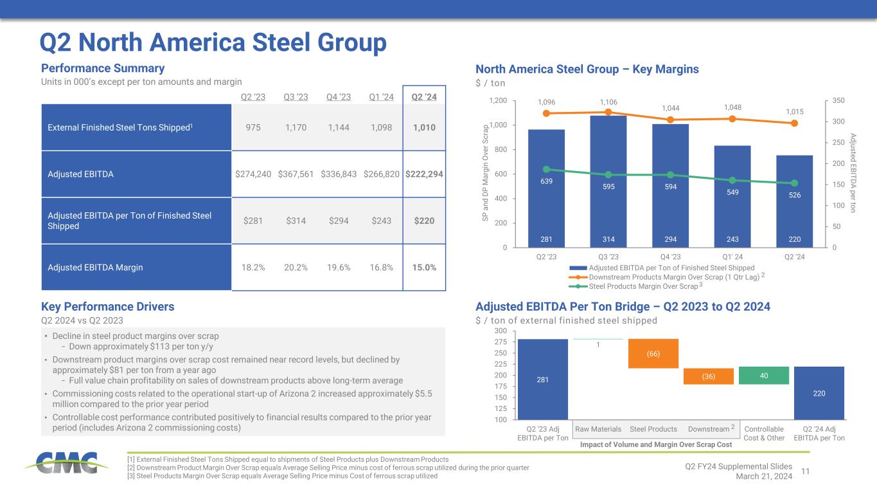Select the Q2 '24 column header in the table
[423, 97]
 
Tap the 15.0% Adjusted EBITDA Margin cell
[423, 267]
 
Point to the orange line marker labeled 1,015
[794, 123]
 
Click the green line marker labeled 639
[547, 169]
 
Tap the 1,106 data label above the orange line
[608, 102]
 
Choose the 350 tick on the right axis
[838, 101]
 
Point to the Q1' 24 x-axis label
[732, 255]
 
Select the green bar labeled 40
[763, 375]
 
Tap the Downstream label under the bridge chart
[707, 429]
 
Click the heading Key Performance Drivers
[107, 306]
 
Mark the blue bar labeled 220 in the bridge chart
[819, 392]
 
